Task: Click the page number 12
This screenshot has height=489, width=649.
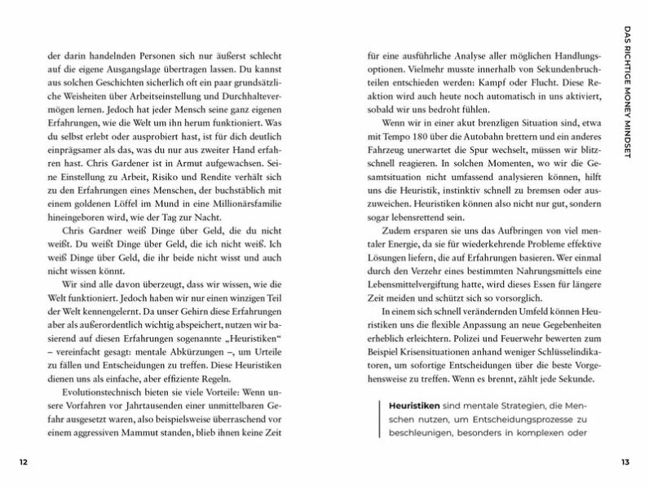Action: [24, 462]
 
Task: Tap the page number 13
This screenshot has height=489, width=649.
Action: [625, 462]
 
